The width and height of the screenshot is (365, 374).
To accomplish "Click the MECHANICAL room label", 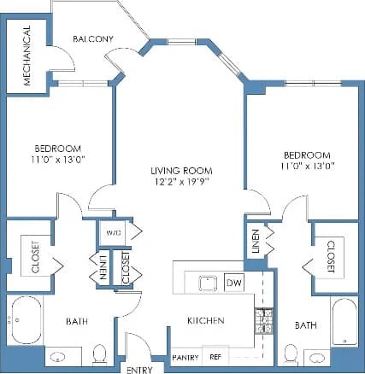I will point(26,56).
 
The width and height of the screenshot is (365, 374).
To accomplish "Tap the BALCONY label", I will point(93,39).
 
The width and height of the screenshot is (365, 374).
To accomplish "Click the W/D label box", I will point(112,231).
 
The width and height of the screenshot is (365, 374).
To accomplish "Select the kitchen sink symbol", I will point(206,283).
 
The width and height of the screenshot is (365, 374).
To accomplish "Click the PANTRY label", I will point(185,355).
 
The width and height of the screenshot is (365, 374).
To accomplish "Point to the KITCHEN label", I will point(206,321).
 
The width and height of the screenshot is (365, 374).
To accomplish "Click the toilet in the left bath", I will point(98,354).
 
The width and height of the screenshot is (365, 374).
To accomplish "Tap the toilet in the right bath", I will point(291,354).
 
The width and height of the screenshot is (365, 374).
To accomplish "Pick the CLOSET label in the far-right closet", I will point(330,256).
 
